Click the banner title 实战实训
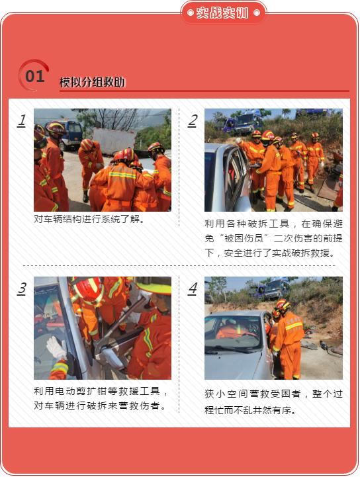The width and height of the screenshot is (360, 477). pyautogui.click(x=222, y=13)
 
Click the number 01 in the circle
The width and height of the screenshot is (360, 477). pyautogui.click(x=35, y=76)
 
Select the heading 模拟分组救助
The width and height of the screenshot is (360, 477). pyautogui.click(x=92, y=82)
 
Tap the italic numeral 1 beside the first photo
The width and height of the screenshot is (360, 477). pyautogui.click(x=22, y=120)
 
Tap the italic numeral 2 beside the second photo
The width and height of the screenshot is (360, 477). pyautogui.click(x=193, y=120)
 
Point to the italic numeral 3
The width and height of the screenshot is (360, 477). pyautogui.click(x=22, y=288)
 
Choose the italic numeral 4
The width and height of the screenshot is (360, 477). pyautogui.click(x=193, y=288)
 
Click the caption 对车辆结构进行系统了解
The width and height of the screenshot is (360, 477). pyautogui.click(x=87, y=219)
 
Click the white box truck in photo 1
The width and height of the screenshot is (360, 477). pyautogui.click(x=114, y=141)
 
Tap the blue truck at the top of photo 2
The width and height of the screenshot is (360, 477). pyautogui.click(x=243, y=124)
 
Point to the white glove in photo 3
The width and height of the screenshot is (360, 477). pyautogui.click(x=56, y=347)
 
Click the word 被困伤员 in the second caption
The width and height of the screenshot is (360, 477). pyautogui.click(x=244, y=238)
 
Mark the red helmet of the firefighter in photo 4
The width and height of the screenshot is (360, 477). pyautogui.click(x=283, y=304)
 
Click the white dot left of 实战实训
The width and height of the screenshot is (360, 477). pyautogui.click(x=191, y=13)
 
